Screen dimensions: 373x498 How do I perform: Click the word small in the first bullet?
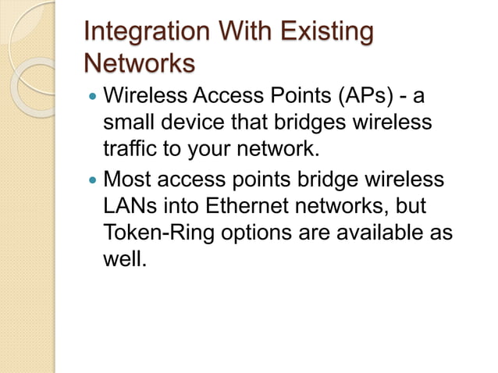pyautogui.click(x=128, y=123)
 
